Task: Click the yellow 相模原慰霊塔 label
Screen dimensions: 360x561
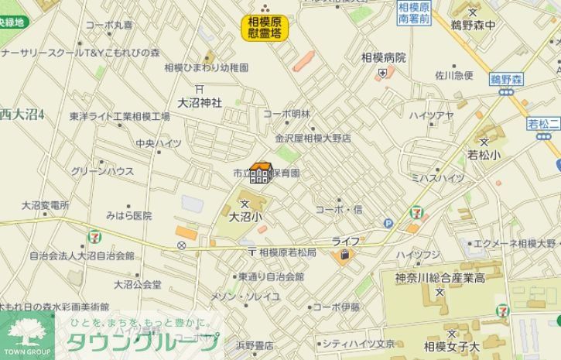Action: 264,27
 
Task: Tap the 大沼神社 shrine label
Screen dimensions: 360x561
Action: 200,102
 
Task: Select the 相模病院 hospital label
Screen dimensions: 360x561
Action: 383,57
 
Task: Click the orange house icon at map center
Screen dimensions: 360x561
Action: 260,173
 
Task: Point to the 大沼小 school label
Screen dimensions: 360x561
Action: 245,218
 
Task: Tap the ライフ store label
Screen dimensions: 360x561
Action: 346,242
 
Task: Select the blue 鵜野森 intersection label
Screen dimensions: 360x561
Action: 507,79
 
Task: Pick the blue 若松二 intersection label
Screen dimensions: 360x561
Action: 543,124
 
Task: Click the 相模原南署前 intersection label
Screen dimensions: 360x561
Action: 414,13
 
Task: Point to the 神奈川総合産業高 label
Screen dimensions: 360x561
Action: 440,278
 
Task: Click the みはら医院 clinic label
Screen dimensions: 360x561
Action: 128,216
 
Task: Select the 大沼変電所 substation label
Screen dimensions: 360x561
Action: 45,206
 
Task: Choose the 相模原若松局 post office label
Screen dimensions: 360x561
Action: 287,253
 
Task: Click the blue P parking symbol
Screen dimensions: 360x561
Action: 388,224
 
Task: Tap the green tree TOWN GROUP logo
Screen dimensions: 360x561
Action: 27,334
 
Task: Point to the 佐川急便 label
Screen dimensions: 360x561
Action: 453,76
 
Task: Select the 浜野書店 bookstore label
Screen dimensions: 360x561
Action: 255,345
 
